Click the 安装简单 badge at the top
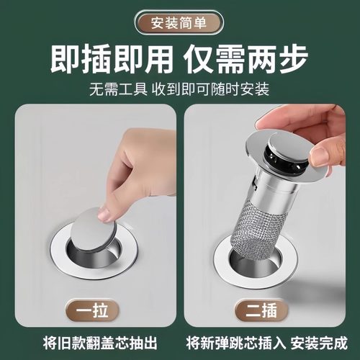[x=179, y=22]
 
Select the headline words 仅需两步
[x=248, y=59]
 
